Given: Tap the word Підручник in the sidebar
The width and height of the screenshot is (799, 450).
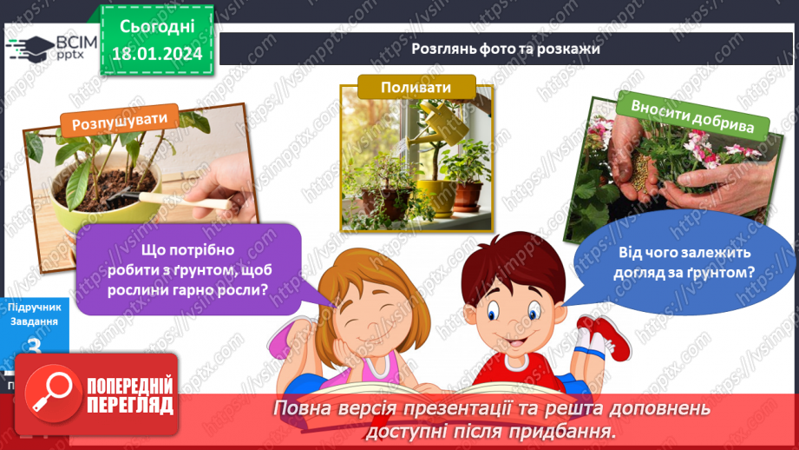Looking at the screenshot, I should (x=34, y=308).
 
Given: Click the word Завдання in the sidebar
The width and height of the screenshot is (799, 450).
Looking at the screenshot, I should (x=34, y=321).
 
